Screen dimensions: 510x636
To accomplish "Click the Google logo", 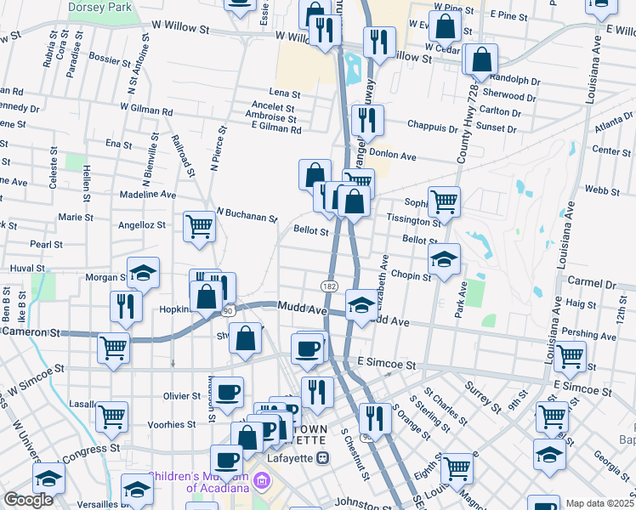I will [x=28, y=500].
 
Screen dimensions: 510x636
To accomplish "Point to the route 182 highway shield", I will [x=329, y=284].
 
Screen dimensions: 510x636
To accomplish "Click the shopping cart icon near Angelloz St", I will [x=199, y=226].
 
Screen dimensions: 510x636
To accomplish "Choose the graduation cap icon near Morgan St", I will [x=143, y=273].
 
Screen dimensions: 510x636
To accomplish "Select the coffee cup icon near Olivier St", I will [x=227, y=392].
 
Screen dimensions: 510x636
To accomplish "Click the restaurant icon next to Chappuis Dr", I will [x=367, y=120].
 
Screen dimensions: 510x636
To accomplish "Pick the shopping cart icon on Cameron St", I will [x=114, y=347].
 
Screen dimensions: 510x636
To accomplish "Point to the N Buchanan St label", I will [x=247, y=214].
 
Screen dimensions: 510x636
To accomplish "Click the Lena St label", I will [x=285, y=93].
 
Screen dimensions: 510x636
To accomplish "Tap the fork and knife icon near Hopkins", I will [x=126, y=306].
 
